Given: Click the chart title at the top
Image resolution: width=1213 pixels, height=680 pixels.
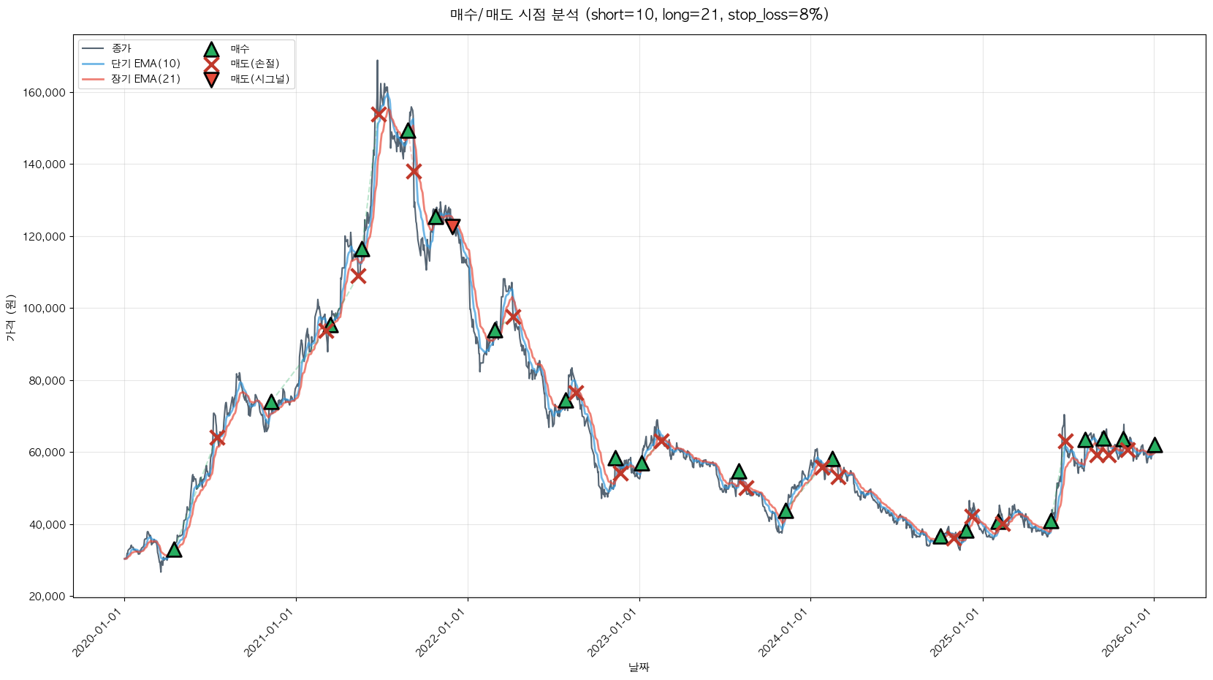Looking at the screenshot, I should (x=639, y=15).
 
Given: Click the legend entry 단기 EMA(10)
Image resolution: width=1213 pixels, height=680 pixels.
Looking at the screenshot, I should (x=145, y=64).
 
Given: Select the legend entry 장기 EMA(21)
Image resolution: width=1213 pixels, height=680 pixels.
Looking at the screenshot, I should (x=145, y=79).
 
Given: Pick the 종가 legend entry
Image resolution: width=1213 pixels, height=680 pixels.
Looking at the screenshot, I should (x=121, y=48).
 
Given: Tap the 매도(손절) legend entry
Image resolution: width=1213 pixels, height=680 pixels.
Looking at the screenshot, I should (x=255, y=64).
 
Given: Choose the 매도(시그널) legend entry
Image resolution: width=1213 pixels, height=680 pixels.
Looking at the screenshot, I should (x=260, y=79).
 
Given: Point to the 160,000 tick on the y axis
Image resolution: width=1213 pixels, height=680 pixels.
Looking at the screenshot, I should (x=45, y=93).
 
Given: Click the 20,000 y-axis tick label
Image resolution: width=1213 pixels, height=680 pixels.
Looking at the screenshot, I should (x=47, y=597).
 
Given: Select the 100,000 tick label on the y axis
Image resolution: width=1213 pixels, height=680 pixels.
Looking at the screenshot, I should (x=45, y=309).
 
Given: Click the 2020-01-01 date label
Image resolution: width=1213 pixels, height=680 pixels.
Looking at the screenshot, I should (x=99, y=632).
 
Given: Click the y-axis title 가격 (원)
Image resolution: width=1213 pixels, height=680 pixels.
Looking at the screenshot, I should (x=10, y=317).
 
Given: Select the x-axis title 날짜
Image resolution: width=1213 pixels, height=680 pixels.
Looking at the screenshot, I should (x=639, y=667).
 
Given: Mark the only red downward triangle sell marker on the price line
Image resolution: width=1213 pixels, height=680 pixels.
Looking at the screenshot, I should (x=452, y=226).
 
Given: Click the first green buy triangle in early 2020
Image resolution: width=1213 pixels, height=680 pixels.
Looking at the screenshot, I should (x=174, y=549).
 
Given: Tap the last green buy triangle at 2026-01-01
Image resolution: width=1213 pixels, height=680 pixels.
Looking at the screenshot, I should (x=1155, y=445).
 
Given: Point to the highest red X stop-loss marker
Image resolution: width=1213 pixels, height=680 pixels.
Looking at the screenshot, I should (x=379, y=114).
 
